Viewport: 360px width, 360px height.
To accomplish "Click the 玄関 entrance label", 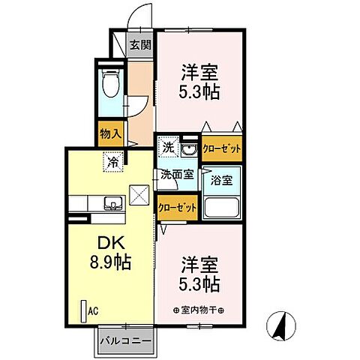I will coord(139,45).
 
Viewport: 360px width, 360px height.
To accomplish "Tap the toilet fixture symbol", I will coord(109,84).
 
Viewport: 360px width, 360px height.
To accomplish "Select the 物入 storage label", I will coord(110,134).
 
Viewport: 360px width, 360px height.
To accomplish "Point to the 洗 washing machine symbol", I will coord(169,148).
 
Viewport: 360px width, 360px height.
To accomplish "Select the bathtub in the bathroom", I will coord(220,208).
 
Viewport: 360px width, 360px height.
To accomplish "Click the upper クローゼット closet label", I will coord(221,148).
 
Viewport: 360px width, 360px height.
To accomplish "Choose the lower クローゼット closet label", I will coord(177,207).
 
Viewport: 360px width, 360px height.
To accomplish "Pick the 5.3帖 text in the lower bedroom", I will coord(198,285).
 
